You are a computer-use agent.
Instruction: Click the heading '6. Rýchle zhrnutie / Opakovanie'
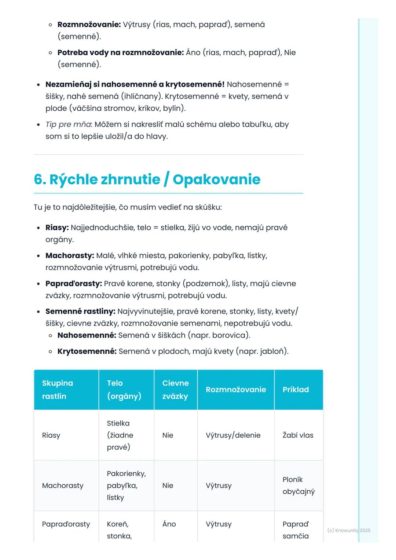147,180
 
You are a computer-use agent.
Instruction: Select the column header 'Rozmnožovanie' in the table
236,390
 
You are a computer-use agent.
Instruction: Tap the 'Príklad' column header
296,390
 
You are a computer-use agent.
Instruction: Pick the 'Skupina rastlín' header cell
58,390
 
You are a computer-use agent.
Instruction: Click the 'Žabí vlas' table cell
298,435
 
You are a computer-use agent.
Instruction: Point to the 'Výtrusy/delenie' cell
233,435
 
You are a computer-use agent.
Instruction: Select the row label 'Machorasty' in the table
63,486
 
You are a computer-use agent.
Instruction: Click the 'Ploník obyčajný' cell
298,486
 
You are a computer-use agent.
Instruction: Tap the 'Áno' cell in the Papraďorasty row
169,524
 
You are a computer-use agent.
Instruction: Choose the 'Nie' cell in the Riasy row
168,435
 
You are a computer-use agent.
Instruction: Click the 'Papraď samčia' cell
296,530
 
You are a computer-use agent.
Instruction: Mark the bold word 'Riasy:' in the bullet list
57,228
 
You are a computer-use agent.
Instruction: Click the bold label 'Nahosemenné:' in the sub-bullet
87,335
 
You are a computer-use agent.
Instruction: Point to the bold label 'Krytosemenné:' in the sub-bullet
87,351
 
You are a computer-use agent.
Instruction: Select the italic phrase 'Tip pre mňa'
68,125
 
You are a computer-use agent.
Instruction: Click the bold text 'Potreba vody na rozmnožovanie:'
120,53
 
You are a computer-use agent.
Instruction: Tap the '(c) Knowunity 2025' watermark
349,530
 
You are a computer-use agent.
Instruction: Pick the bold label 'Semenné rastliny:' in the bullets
80,312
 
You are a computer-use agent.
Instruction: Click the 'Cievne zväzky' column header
175,390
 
